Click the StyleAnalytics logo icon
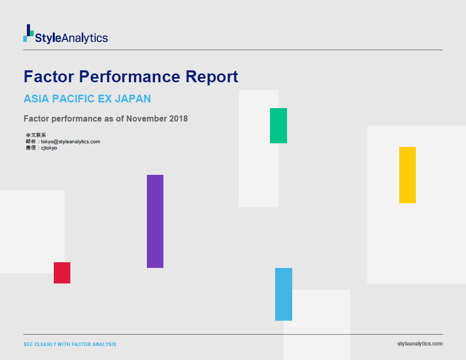coord(28,33)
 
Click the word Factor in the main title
coord(49,77)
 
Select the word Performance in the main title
coord(130,77)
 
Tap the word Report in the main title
coord(212,77)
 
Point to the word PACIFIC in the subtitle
coord(73,99)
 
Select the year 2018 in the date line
coord(178,118)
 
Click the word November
coord(146,118)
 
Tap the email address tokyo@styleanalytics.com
coord(70,142)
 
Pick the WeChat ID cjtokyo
coord(49,148)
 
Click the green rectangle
coord(278,126)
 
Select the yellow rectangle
coord(408,175)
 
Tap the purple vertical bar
coord(155,221)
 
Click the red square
coord(62,273)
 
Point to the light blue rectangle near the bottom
coord(283,294)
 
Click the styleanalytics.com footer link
coord(420,343)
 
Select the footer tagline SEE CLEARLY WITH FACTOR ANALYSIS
coord(70,344)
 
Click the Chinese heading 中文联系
coord(36,136)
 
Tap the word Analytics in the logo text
coord(85,38)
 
